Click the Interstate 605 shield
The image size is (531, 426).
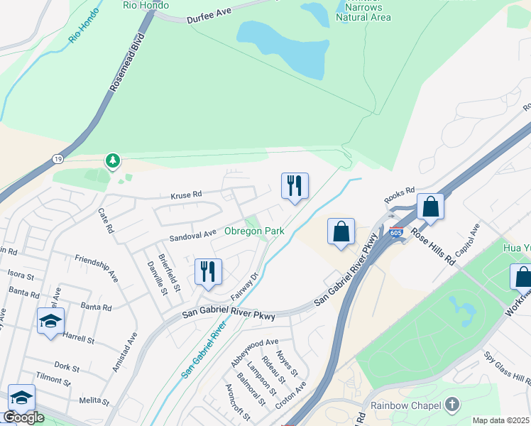click(396, 232)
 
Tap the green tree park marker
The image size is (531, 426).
click(112, 161)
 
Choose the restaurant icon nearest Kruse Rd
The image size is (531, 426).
click(295, 186)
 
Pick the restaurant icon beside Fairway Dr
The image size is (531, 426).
click(208, 272)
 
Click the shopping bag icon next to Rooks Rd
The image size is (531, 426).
click(430, 207)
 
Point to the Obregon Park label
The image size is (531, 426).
click(254, 231)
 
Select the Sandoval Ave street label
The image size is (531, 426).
click(192, 234)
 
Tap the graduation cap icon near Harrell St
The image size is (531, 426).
click(50, 321)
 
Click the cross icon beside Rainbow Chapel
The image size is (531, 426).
click(452, 405)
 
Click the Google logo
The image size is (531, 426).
click(23, 417)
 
